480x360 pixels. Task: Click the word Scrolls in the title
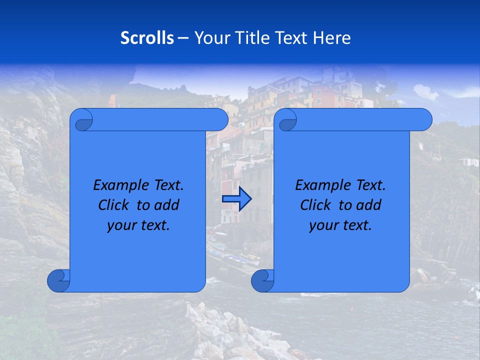(x=147, y=38)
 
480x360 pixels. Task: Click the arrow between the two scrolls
(x=236, y=198)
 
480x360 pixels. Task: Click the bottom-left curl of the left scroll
(x=58, y=281)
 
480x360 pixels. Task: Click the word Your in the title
(x=209, y=38)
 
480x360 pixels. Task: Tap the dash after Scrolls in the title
(x=183, y=38)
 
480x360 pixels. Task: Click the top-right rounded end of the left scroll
(x=220, y=120)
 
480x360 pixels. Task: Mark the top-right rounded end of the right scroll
(x=424, y=120)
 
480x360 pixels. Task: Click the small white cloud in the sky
(x=425, y=92)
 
